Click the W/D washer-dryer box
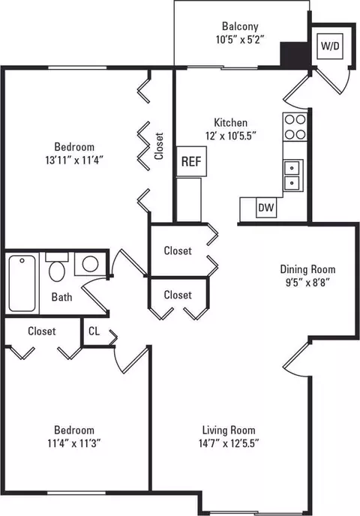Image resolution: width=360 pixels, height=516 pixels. click(330, 46)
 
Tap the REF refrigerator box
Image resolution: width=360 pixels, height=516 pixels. click(191, 161)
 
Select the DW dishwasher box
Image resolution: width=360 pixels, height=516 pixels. click(266, 207)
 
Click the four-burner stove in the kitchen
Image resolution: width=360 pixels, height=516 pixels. click(295, 127)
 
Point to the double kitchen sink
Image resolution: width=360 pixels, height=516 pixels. click(292, 175)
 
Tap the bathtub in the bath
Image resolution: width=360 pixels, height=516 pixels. click(22, 283)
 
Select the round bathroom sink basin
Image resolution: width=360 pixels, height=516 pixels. click(90, 264)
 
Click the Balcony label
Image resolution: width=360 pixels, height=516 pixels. click(240, 26)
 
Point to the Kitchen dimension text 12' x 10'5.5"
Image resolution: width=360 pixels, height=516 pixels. click(231, 136)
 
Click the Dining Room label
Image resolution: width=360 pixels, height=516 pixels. click(307, 269)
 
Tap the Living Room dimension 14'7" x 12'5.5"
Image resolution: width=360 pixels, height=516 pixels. click(229, 443)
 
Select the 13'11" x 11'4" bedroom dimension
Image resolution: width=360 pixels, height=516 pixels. click(74, 160)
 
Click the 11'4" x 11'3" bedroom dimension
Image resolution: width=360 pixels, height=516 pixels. click(74, 443)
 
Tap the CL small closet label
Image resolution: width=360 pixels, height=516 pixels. click(94, 331)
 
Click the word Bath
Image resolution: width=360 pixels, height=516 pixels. click(61, 297)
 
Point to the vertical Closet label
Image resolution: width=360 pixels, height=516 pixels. click(159, 146)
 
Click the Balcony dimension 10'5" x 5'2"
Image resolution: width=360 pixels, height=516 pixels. click(240, 40)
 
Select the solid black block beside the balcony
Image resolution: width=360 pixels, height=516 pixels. click(295, 54)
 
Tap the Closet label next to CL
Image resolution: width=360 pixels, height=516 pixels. click(42, 331)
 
